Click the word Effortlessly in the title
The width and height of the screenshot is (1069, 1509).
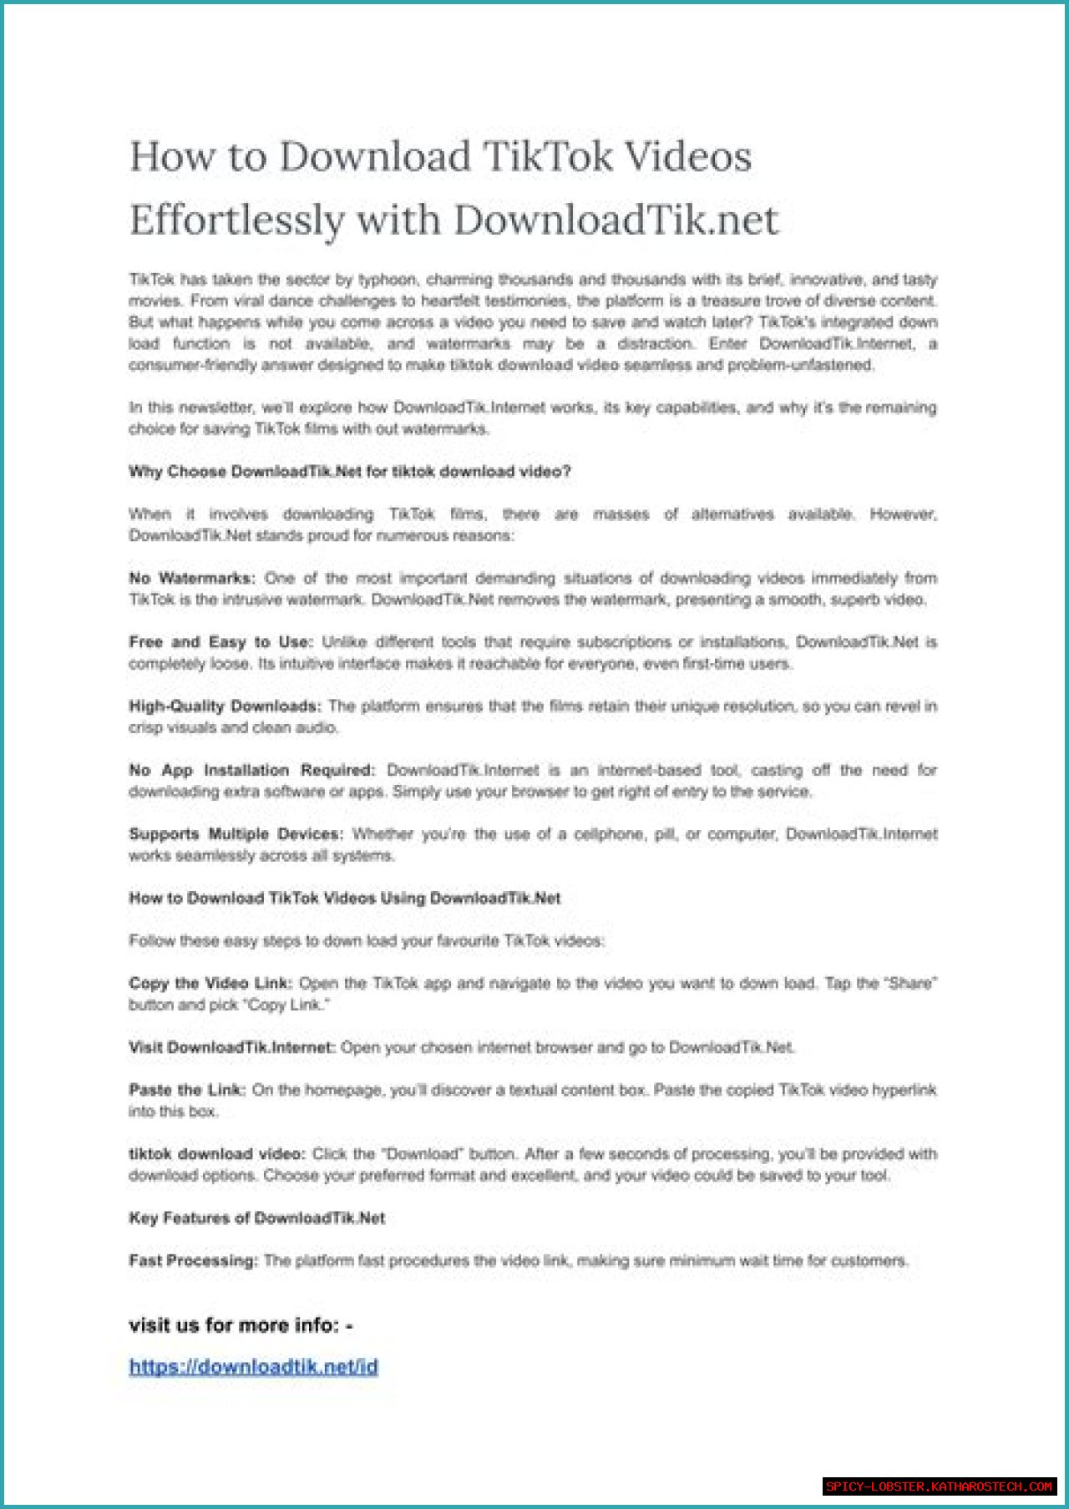tap(237, 220)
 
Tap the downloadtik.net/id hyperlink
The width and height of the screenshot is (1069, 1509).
tap(253, 1367)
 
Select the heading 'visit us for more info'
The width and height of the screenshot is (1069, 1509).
tap(241, 1325)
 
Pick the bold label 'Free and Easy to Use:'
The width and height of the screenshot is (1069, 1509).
tap(220, 642)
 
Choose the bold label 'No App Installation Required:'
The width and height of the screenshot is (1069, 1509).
tap(251, 770)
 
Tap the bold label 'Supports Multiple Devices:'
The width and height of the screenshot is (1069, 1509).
tap(236, 834)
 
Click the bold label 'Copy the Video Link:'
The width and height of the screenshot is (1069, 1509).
tap(210, 984)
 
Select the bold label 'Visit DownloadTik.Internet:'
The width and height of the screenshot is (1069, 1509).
tap(231, 1047)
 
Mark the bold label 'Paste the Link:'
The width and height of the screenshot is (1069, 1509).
tap(187, 1091)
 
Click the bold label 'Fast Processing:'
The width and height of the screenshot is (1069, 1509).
tap(193, 1261)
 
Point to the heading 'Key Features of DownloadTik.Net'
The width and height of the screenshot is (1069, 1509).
tap(256, 1218)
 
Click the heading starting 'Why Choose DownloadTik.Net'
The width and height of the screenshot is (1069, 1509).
tap(349, 472)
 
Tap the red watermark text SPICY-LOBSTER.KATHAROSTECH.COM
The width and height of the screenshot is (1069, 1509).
tap(939, 1486)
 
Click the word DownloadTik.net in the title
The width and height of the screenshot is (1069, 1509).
tap(616, 220)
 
